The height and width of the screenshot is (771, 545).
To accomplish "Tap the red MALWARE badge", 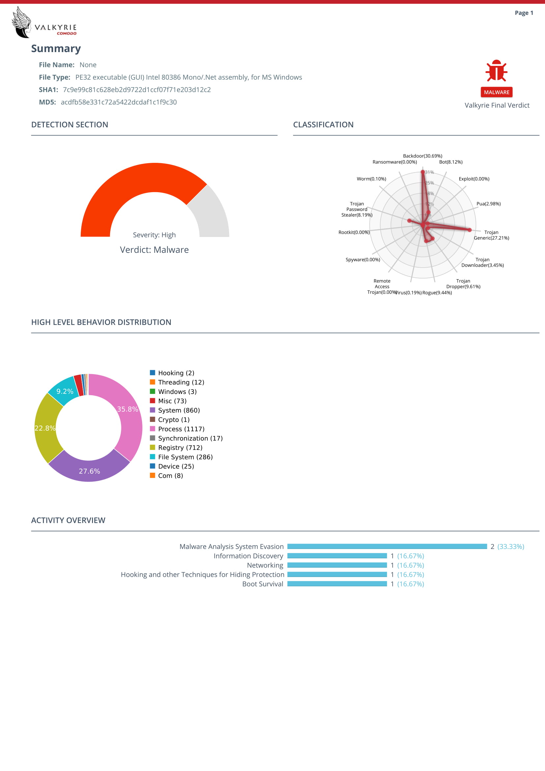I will [x=496, y=92].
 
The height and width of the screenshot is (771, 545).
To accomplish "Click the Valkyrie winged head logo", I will [x=21, y=22].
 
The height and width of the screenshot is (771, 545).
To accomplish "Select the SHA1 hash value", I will [x=137, y=90].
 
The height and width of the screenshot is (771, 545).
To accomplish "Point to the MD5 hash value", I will [x=119, y=102].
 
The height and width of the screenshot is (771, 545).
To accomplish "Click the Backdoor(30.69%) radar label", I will [x=422, y=156].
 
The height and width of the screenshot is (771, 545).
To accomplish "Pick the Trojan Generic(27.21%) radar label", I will [x=491, y=235].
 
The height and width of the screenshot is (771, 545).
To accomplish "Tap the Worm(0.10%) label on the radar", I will [x=371, y=179].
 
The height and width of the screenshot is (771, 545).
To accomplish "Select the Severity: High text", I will [x=154, y=235].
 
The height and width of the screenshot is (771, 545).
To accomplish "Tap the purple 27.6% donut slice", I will [x=89, y=468].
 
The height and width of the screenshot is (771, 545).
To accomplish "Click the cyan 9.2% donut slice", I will [x=64, y=390].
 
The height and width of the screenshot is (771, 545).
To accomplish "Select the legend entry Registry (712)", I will [x=180, y=448].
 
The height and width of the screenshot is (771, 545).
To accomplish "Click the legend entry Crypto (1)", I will [x=174, y=420].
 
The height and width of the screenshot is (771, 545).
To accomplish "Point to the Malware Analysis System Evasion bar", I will [x=387, y=546].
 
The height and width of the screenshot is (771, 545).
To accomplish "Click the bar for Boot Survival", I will [x=337, y=584].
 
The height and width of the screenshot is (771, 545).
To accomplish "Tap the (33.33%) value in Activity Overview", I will [x=510, y=546].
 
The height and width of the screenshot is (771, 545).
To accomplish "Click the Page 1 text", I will [x=524, y=13].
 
